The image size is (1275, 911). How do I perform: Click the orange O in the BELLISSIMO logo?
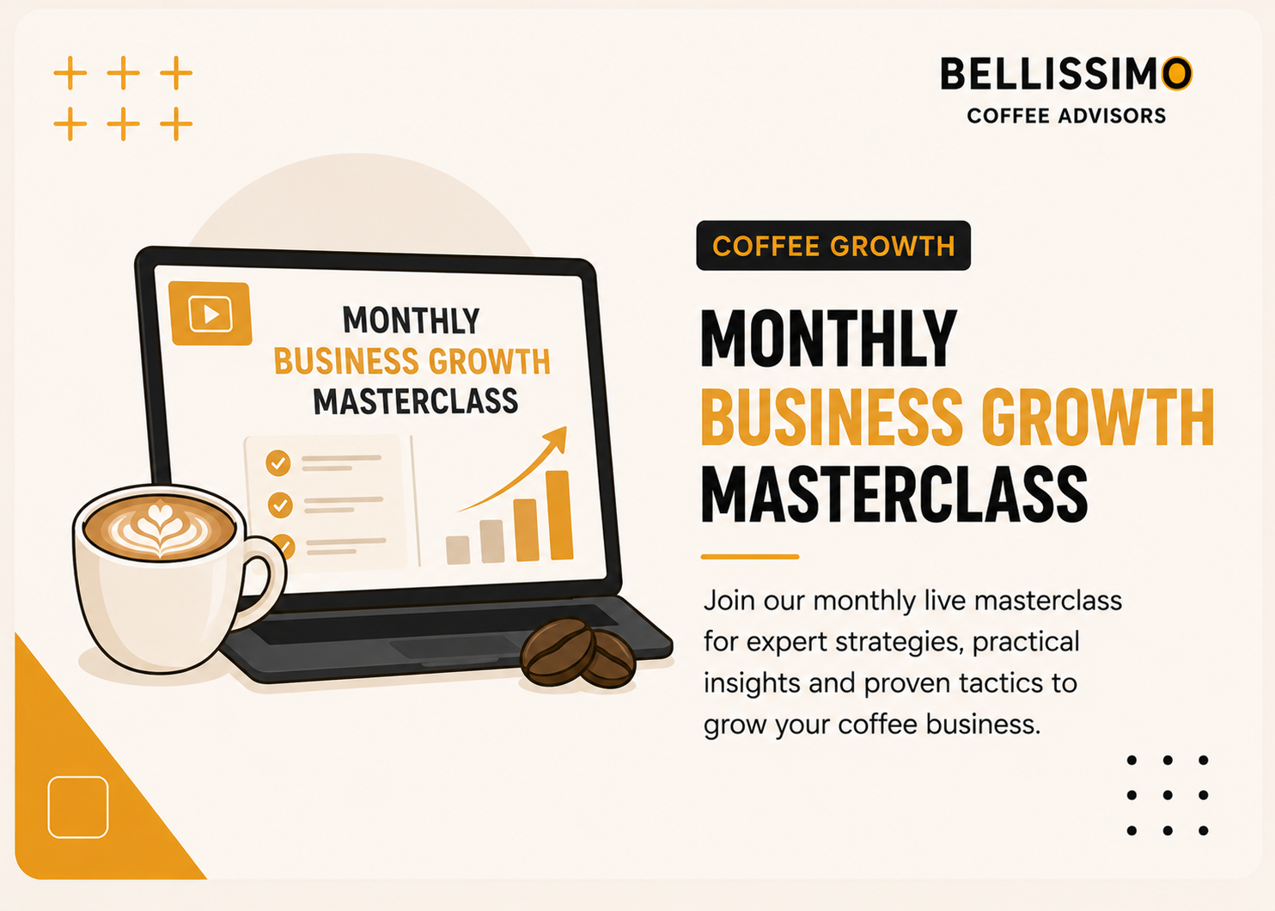(x=1176, y=73)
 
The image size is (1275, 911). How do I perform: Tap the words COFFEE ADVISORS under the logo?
(x=1066, y=116)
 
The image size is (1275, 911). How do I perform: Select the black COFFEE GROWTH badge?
(x=833, y=246)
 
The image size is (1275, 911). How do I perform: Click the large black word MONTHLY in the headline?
(x=829, y=339)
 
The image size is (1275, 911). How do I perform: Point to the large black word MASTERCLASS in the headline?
(x=894, y=493)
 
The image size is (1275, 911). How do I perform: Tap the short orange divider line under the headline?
(x=750, y=556)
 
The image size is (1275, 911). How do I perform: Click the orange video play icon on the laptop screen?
(x=210, y=313)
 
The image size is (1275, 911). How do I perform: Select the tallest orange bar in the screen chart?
(x=559, y=515)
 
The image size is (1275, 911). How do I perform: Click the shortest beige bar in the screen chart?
(x=458, y=549)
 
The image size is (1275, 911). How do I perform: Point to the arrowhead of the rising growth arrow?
(x=557, y=438)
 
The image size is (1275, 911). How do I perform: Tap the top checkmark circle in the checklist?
(x=278, y=463)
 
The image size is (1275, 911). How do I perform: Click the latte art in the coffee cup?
(x=159, y=528)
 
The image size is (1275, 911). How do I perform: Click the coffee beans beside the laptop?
(x=577, y=653)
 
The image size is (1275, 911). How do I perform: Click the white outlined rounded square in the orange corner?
(x=78, y=807)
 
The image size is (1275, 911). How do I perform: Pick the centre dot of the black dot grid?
(x=1168, y=795)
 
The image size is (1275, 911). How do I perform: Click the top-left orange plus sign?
(x=70, y=73)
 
